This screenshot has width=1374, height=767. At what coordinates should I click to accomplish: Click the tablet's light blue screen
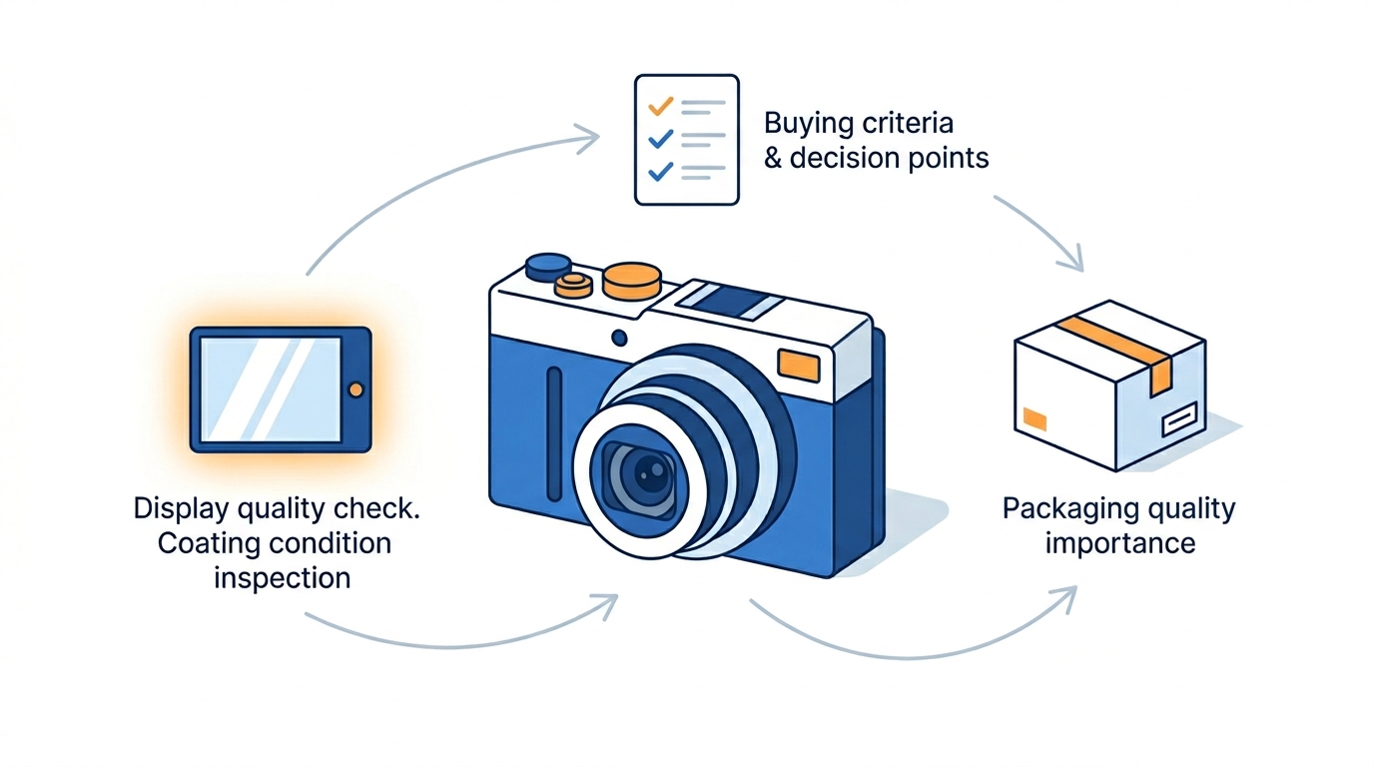(271, 389)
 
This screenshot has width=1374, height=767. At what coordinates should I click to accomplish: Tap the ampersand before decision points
(773, 159)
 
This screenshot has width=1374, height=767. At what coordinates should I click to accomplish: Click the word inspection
(282, 578)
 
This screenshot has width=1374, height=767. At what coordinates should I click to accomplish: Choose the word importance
(1119, 543)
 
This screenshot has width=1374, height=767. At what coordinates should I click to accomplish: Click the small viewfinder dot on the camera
(619, 338)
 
